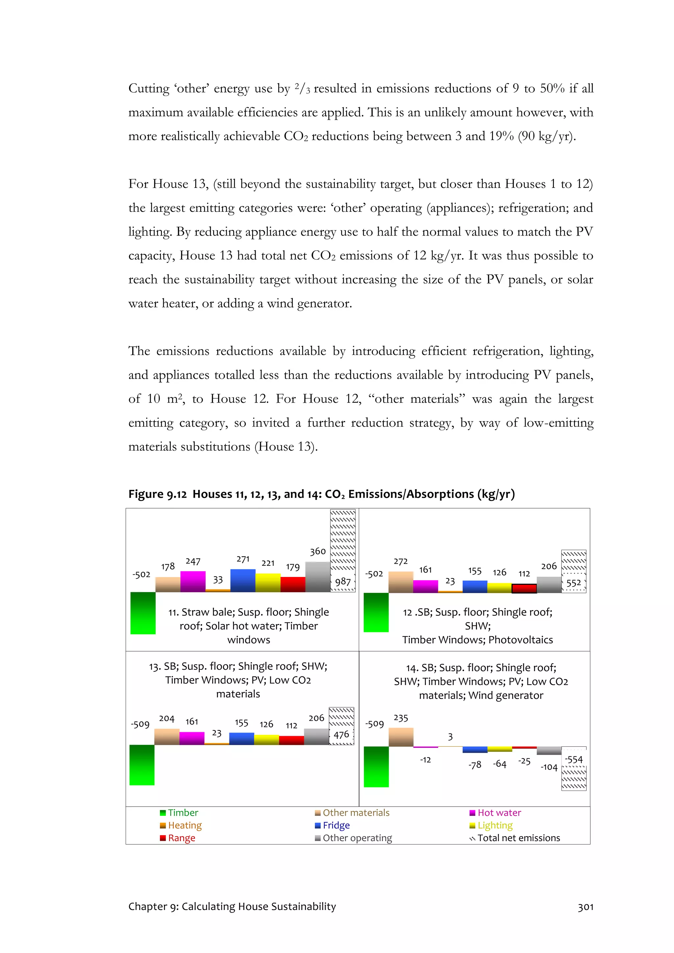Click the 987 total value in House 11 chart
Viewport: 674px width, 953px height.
coord(343,582)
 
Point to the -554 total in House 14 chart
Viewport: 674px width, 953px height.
coord(574,759)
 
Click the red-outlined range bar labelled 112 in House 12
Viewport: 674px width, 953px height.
coord(524,588)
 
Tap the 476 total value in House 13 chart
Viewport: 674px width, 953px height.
coord(341,734)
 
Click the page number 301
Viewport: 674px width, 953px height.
coord(585,907)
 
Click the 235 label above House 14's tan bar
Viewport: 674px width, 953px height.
coord(401,718)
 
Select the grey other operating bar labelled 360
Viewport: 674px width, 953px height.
coord(317,577)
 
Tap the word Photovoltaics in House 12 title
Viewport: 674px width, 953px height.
coord(520,640)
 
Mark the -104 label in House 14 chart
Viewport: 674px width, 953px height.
coord(549,767)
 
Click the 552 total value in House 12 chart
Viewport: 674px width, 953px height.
coord(574,583)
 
